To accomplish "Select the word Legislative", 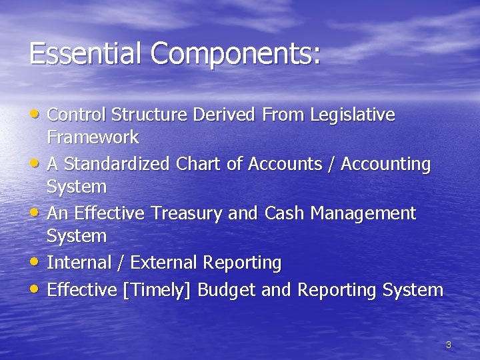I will (x=353, y=115).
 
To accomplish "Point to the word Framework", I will (x=93, y=138).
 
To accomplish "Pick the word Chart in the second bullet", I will (x=200, y=164).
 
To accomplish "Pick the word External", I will (x=162, y=263).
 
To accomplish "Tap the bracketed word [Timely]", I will (x=158, y=291).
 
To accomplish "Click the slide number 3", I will (x=448, y=345).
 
